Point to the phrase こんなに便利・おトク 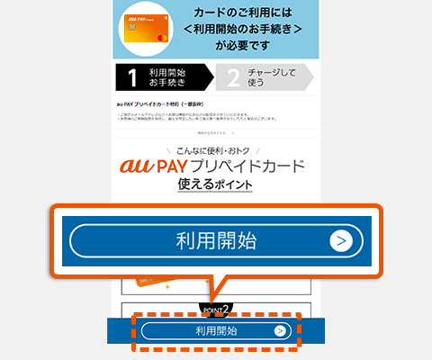tap(215, 150)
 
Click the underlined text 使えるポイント tap(214, 186)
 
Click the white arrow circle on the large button tap(339, 240)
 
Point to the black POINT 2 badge tap(216, 309)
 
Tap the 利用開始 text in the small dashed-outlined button tap(215, 330)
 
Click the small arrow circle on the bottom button tap(280, 330)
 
